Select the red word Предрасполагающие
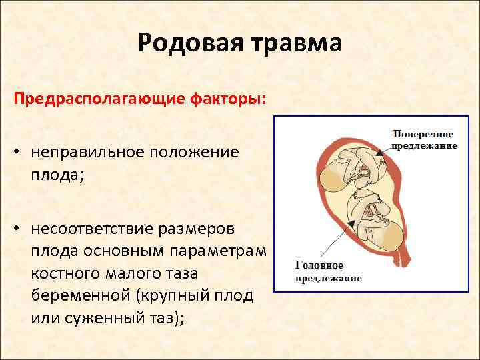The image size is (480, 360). coord(94,99)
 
